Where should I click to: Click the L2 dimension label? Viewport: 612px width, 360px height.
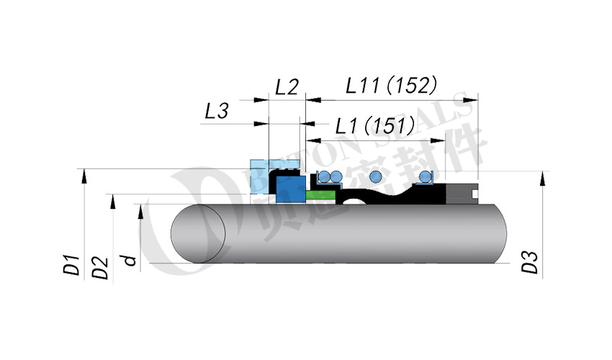click(287, 88)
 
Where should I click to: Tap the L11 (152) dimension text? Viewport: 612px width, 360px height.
click(391, 86)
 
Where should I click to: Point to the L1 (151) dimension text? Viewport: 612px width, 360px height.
click(374, 127)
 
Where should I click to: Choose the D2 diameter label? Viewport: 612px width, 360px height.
click(101, 267)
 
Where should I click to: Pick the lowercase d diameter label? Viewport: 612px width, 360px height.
click(130, 258)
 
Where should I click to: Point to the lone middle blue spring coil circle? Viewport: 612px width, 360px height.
click(374, 176)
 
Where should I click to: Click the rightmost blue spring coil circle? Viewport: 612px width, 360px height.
click(426, 176)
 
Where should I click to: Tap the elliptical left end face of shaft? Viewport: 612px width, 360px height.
click(199, 234)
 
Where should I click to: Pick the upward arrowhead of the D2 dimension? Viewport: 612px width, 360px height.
click(112, 199)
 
